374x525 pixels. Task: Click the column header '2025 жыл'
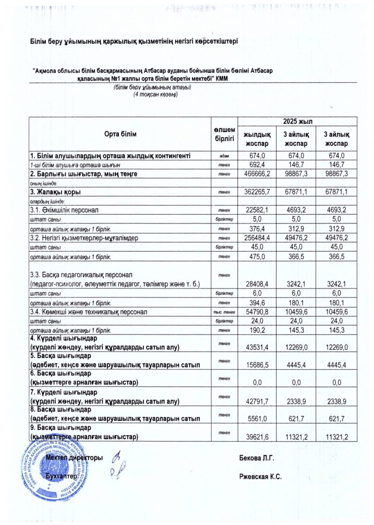point(298,121)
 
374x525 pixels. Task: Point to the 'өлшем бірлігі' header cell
point(224,134)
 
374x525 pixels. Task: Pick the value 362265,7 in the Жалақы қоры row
point(257,192)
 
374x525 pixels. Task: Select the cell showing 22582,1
point(257,210)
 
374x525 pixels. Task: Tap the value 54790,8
point(257,311)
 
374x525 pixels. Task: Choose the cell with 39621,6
point(257,436)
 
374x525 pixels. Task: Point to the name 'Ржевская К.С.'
point(260,477)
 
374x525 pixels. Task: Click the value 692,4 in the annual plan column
point(257,165)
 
